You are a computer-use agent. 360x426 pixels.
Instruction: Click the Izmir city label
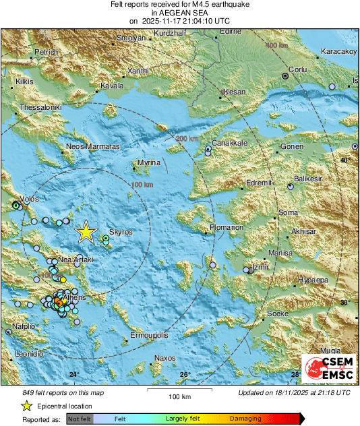pyautogui.click(x=260, y=268)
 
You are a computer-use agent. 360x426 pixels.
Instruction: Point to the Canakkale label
pyautogui.click(x=230, y=144)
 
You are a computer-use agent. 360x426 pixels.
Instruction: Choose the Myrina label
pyautogui.click(x=148, y=163)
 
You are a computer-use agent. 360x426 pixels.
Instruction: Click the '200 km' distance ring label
pyautogui.click(x=187, y=139)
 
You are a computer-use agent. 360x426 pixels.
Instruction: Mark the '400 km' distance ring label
pyautogui.click(x=275, y=45)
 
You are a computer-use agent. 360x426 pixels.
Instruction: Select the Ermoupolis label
pyautogui.click(x=148, y=335)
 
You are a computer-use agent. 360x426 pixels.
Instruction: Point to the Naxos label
pyautogui.click(x=164, y=357)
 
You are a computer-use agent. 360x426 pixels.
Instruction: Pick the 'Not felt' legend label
pyautogui.click(x=80, y=419)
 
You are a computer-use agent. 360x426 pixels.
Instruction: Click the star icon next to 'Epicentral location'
pyautogui.click(x=26, y=406)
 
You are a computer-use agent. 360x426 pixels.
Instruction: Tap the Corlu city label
pyautogui.click(x=297, y=69)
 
